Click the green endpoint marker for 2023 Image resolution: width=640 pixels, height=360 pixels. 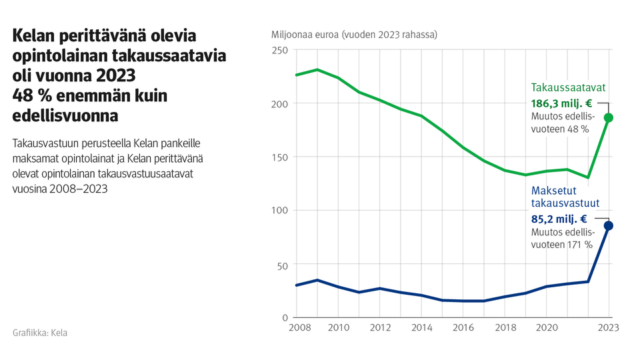coord(608,117)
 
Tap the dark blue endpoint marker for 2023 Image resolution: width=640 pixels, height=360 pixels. coord(608,226)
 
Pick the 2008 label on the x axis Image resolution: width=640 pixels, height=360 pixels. coord(297,327)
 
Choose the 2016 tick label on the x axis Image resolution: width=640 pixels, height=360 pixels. coord(463,327)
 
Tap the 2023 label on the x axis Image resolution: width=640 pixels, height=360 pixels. coord(608,327)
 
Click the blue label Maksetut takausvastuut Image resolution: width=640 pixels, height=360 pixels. coord(565,197)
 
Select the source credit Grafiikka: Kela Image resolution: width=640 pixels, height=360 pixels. coord(40,333)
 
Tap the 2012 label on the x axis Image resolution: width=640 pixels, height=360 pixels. coord(380,327)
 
